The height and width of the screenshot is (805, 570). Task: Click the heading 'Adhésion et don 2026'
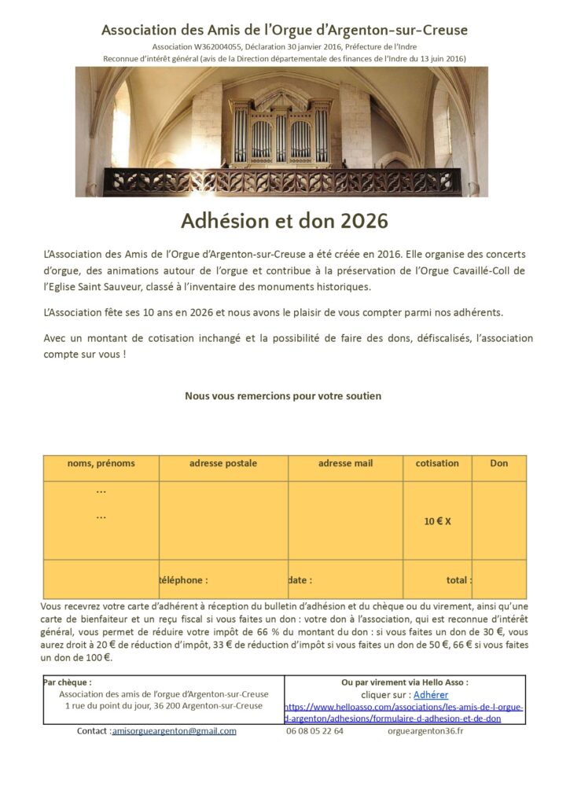tap(285, 221)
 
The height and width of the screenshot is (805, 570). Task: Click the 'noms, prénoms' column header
tap(101, 464)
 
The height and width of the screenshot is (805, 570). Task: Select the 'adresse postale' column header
tap(223, 464)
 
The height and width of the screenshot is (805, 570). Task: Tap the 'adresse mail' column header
tap(345, 464)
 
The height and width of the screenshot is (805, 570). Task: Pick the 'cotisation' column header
tap(437, 464)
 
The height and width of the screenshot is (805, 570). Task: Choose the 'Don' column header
tap(499, 464)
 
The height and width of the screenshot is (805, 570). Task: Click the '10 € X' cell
tap(437, 521)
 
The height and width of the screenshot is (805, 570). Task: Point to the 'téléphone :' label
tap(183, 581)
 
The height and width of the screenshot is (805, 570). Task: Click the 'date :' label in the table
tap(300, 581)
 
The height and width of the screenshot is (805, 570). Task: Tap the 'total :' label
tap(458, 581)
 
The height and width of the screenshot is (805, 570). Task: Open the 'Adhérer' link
tap(431, 695)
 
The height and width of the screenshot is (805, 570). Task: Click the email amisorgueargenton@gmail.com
tap(174, 731)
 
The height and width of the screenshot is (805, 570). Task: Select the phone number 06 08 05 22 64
tap(314, 731)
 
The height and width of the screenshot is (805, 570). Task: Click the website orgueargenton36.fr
tap(425, 731)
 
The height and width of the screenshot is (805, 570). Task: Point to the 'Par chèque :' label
tap(68, 682)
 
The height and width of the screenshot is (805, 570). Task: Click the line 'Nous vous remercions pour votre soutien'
tap(283, 396)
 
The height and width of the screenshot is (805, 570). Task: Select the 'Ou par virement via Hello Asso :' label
tap(405, 682)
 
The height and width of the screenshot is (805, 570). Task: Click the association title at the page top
tap(285, 31)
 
